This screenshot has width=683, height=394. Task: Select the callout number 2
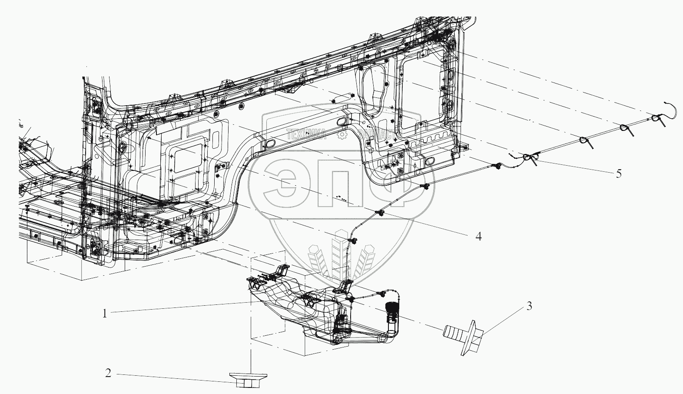click(109, 373)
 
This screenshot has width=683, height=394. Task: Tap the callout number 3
click(529, 306)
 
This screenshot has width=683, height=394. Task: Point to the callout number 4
click(478, 236)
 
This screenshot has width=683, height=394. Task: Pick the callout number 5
click(618, 174)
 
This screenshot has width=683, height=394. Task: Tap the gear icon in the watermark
click(342, 135)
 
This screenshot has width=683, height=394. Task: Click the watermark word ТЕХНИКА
click(306, 135)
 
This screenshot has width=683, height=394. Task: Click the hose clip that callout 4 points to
click(379, 213)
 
